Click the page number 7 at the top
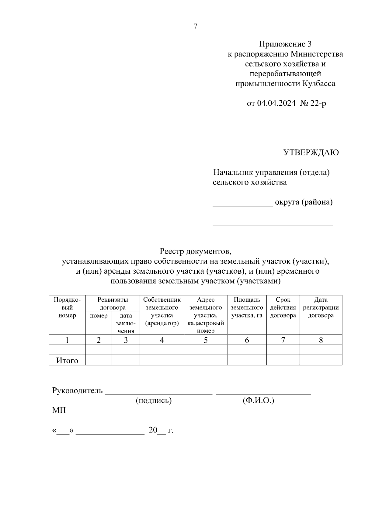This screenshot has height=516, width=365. click(x=195, y=26)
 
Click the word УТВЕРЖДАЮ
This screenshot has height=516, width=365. click(x=311, y=153)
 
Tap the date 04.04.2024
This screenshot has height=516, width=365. click(x=276, y=103)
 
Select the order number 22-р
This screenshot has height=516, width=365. click(x=318, y=103)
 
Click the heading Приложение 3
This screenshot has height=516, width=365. click(x=285, y=44)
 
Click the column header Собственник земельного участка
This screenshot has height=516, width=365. click(x=162, y=311)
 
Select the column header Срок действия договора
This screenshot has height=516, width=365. click(x=283, y=307)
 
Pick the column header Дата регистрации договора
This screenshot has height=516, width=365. click(x=321, y=307)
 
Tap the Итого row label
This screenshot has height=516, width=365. click(x=67, y=361)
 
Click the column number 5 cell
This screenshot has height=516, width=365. click(x=206, y=340)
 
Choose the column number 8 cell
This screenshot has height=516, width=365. click(x=321, y=340)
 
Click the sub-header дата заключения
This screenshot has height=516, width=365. click(x=126, y=324)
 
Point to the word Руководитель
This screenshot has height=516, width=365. click(x=78, y=391)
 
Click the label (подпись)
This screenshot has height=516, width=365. click(x=154, y=401)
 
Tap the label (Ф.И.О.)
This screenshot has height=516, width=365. click(x=258, y=401)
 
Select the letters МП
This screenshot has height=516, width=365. click(x=59, y=410)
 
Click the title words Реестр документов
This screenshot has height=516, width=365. click(x=196, y=251)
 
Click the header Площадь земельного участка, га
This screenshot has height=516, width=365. click(x=247, y=307)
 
